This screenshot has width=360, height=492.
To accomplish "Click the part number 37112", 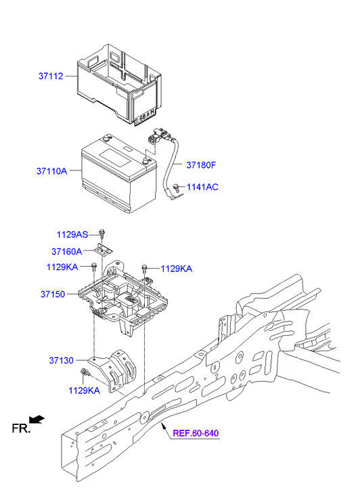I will coord(51,76).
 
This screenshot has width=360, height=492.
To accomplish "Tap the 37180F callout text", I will coord(201,164).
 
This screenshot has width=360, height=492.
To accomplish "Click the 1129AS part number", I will coord(72,235).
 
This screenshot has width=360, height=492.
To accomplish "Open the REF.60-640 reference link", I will coord(195,433).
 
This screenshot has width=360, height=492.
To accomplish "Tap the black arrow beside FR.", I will coord(38,420).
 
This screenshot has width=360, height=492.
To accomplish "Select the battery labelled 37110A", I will coord(116,173).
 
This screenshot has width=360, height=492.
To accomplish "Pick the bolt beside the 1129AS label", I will coord(102,233).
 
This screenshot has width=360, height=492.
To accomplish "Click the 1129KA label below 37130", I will coord(83,390).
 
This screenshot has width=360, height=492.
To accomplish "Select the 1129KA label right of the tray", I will coord(176,269).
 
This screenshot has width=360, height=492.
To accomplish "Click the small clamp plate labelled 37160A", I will coord(104,250).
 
